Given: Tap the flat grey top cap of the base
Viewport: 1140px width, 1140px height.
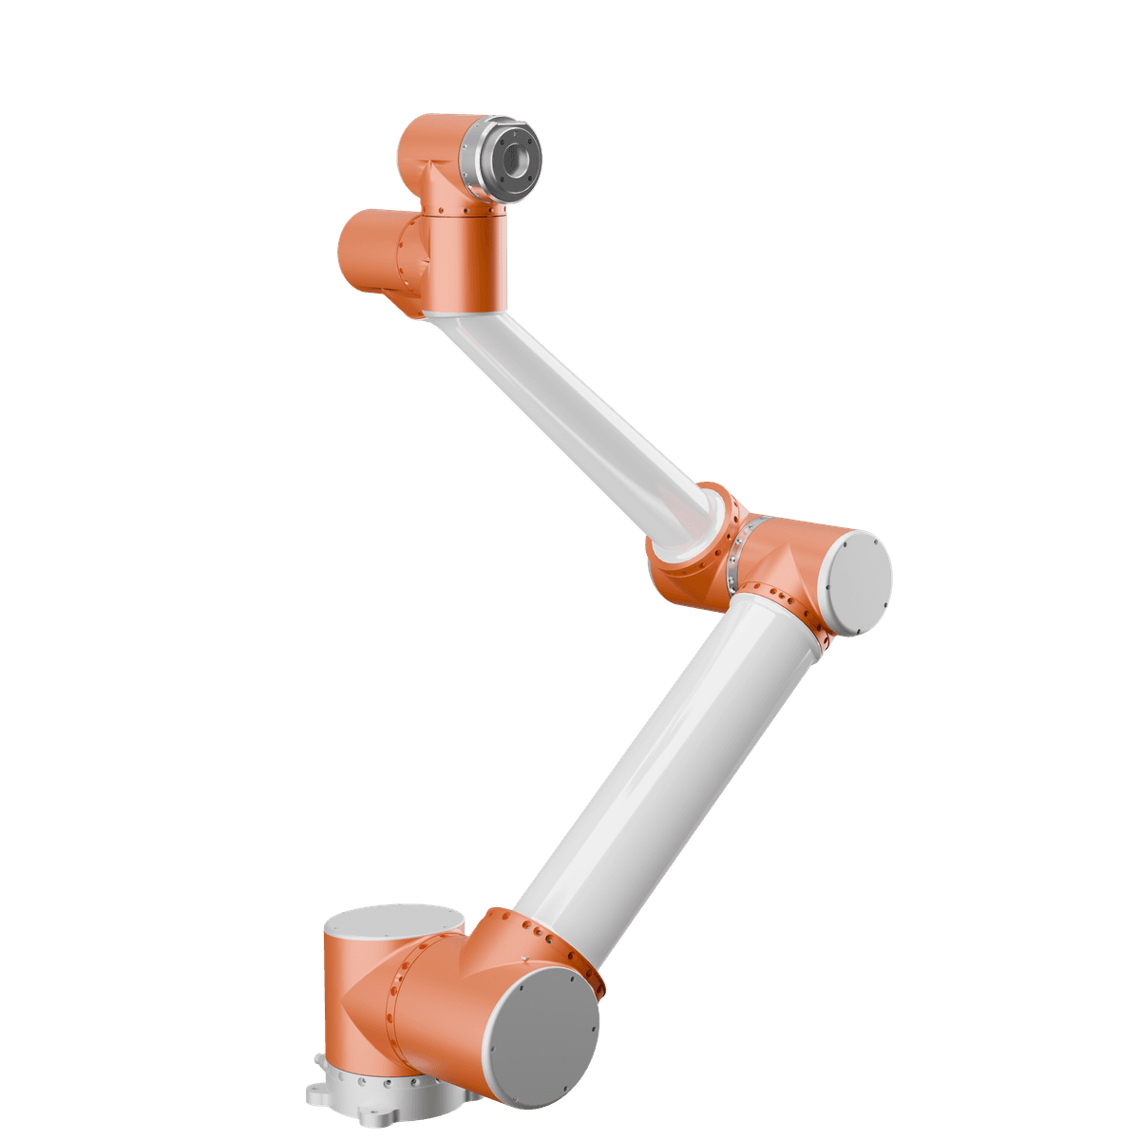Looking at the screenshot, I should tap(394, 921).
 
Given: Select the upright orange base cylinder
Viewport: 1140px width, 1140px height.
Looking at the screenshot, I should tap(356, 997).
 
